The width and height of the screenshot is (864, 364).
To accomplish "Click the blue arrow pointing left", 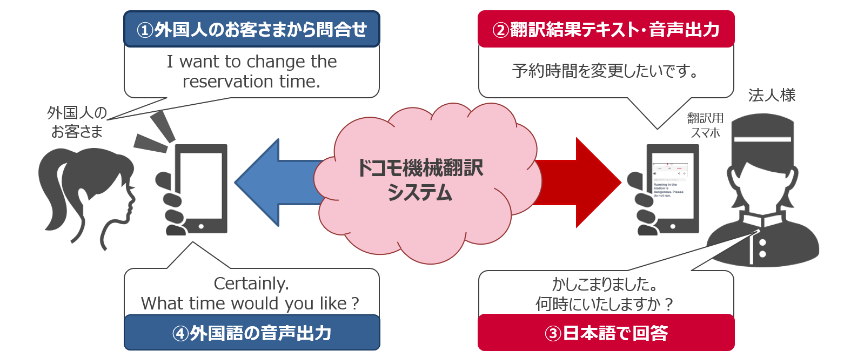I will tap(270, 183).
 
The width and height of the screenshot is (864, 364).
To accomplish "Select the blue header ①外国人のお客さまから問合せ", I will tap(252, 29).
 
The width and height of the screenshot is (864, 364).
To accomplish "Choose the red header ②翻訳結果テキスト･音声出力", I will tap(606, 29).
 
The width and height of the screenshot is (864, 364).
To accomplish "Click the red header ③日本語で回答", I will tap(606, 333).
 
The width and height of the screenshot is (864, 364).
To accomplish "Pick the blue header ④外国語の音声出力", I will tap(252, 333).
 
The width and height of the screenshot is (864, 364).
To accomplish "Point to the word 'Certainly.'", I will tap(251, 283).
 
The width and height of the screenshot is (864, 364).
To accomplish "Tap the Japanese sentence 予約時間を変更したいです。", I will tap(606, 71).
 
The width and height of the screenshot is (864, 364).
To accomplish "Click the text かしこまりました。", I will tap(605, 284).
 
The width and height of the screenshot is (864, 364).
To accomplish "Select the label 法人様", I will tap(772, 96).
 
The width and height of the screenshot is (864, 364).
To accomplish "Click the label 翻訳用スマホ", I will tap(705, 125).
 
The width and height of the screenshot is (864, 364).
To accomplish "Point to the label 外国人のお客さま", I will tap(77, 122).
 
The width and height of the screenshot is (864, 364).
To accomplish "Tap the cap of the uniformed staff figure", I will tap(762, 135).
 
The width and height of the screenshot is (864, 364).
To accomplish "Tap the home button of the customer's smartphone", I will tap(201, 226).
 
